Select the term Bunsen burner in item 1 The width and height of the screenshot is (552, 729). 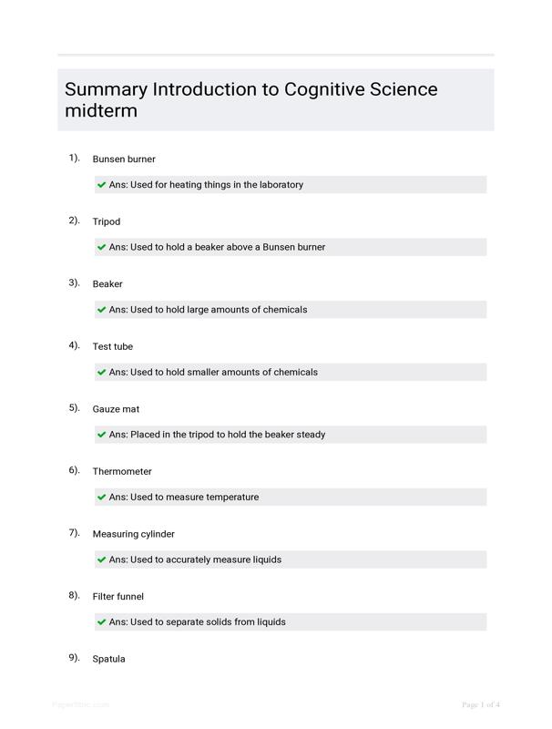point(124,159)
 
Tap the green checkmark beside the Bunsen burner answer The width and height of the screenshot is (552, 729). point(102,185)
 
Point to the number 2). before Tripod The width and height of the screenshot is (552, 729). point(74,221)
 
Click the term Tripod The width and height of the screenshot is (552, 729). point(107,222)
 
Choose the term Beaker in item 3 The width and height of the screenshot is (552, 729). point(107,284)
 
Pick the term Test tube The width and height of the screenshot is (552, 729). point(113,347)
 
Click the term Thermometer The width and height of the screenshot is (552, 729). point(122,472)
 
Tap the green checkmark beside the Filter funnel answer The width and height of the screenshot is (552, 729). point(102,622)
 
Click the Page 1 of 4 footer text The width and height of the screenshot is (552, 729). point(481,705)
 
